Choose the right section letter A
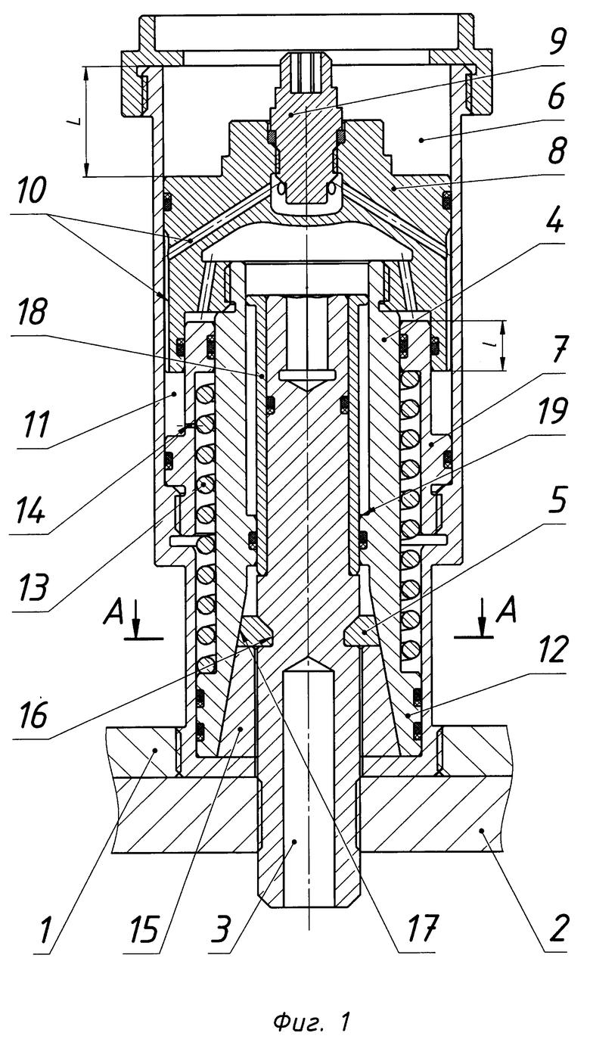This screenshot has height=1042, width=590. click(x=506, y=611)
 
